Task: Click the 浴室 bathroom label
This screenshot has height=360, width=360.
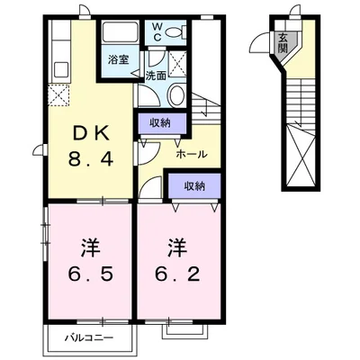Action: [119, 59]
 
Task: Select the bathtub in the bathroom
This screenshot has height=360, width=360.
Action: [118, 33]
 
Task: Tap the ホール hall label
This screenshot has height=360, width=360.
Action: [192, 154]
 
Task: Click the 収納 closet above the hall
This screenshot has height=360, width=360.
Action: [161, 122]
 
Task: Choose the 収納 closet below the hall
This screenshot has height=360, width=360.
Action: [193, 186]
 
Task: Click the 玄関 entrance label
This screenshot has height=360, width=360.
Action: [283, 43]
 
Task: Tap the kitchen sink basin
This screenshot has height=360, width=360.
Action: [62, 68]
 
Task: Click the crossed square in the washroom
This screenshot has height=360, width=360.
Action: [178, 62]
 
